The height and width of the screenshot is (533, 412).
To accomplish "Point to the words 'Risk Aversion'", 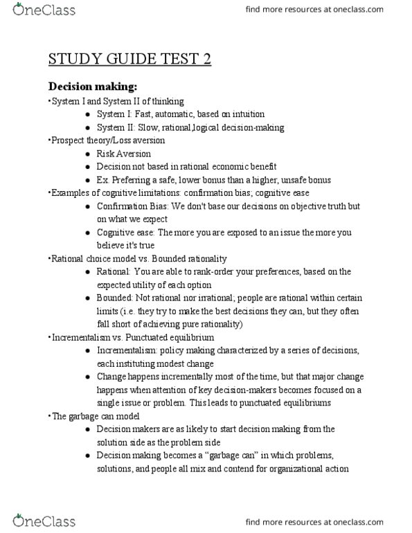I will [123, 154].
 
